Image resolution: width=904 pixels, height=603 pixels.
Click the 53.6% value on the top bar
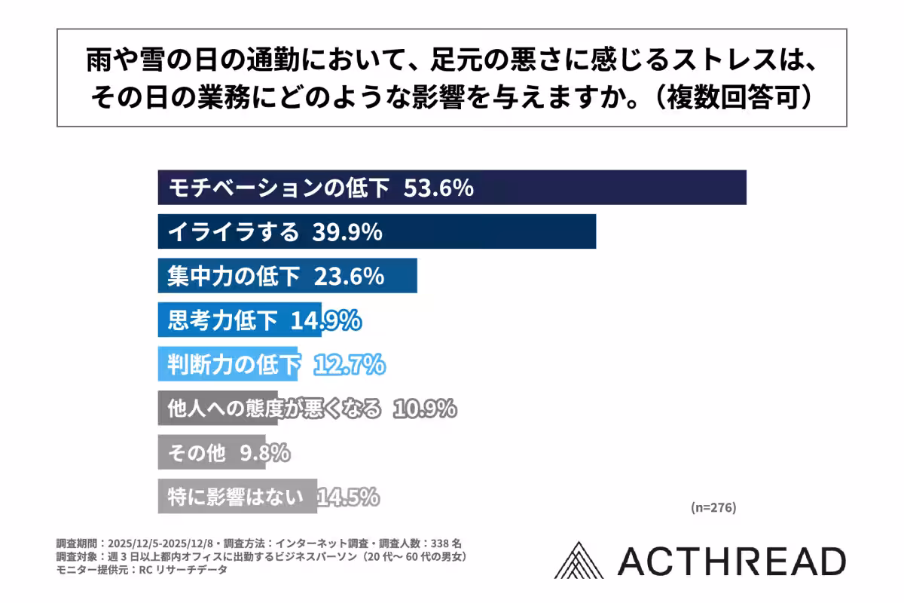click(438, 188)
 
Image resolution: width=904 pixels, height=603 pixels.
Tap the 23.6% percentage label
click(349, 277)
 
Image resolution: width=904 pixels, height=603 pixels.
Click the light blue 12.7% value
click(349, 366)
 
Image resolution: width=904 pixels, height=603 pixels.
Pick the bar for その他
click(212, 453)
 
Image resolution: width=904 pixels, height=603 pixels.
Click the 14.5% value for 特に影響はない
click(348, 497)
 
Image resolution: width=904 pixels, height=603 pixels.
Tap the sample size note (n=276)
click(713, 507)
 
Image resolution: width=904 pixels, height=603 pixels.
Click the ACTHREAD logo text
click(731, 562)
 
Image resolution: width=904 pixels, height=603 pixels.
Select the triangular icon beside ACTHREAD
click(580, 561)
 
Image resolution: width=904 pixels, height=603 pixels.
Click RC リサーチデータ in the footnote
click(183, 570)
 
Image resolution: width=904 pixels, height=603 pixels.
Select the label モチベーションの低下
click(279, 188)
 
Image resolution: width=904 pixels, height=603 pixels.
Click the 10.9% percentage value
click(423, 409)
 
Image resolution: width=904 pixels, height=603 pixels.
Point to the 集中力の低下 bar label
click(233, 277)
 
